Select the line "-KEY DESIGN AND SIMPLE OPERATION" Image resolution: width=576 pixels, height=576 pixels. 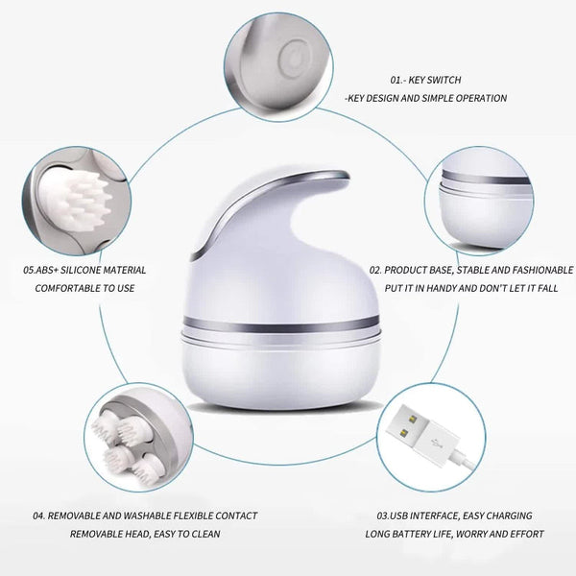pos(426,98)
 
